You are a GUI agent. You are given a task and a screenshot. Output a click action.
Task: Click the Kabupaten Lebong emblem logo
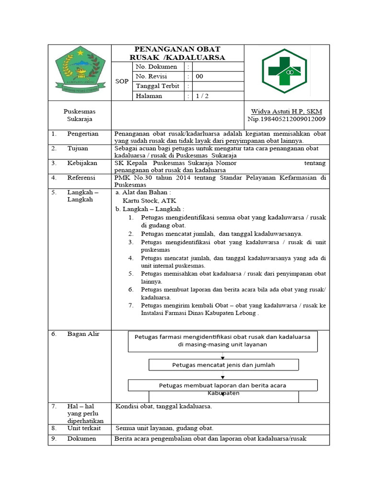(x=80, y=72)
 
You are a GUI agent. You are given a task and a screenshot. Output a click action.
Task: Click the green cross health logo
(x=284, y=71)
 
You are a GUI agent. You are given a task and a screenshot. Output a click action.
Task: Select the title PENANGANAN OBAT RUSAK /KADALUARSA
(x=177, y=53)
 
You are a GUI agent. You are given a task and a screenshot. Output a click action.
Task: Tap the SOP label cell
(x=122, y=81)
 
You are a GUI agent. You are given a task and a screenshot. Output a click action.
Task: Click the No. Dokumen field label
(x=156, y=67)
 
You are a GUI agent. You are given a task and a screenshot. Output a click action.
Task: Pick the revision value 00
(x=199, y=77)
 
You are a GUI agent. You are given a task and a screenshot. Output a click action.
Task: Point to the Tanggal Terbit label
(x=158, y=86)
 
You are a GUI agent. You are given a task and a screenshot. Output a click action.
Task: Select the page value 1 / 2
(x=202, y=96)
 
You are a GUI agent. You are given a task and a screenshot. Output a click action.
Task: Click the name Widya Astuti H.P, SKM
(x=287, y=111)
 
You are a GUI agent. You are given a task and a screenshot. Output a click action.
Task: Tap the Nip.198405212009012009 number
(x=287, y=119)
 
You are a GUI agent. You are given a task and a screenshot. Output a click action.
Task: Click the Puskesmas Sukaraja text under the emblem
(x=80, y=115)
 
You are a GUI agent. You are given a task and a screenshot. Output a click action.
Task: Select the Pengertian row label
(x=83, y=134)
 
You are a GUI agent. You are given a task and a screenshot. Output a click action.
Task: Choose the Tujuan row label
(x=78, y=148)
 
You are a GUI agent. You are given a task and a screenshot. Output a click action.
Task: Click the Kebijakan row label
(x=82, y=163)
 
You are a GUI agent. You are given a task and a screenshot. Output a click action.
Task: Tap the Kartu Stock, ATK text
(x=149, y=201)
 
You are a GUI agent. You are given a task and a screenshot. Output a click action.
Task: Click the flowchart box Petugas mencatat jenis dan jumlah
(x=223, y=365)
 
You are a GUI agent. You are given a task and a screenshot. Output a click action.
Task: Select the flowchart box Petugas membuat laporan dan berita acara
(x=222, y=385)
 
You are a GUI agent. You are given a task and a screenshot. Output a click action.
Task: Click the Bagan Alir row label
(x=83, y=334)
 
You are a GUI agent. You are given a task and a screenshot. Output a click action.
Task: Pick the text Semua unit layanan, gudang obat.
(x=164, y=428)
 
